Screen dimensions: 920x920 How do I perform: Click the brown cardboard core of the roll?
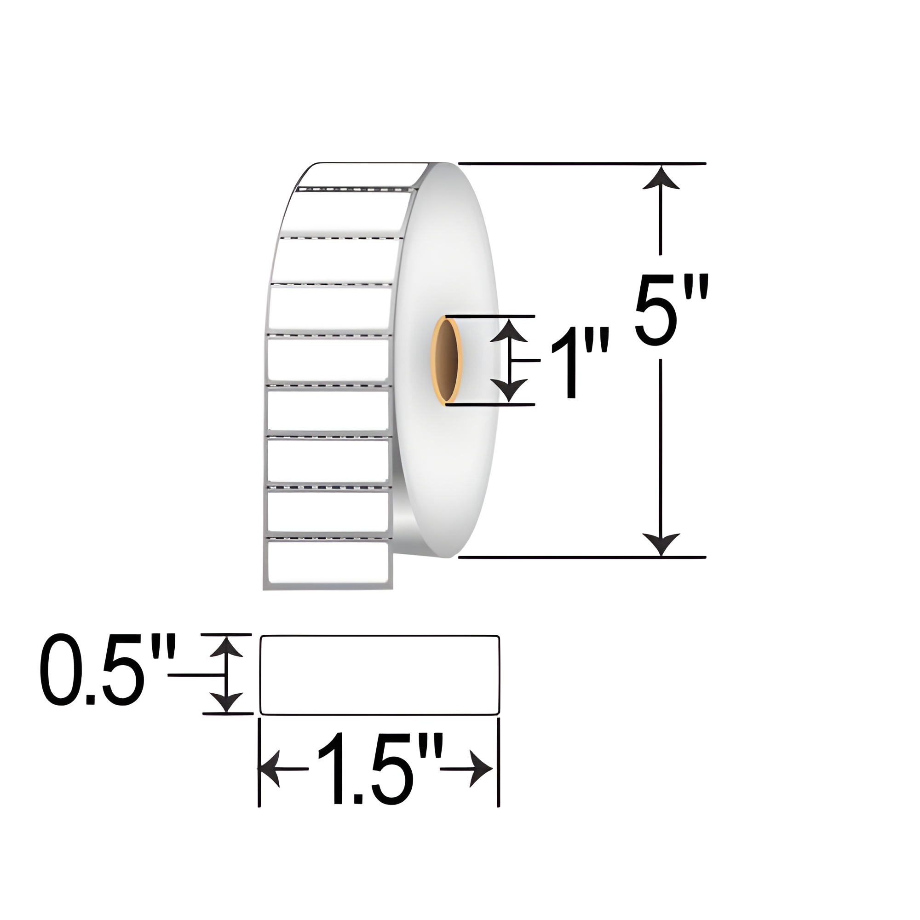click(447, 361)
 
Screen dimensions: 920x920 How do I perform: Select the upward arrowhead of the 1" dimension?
click(510, 330)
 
